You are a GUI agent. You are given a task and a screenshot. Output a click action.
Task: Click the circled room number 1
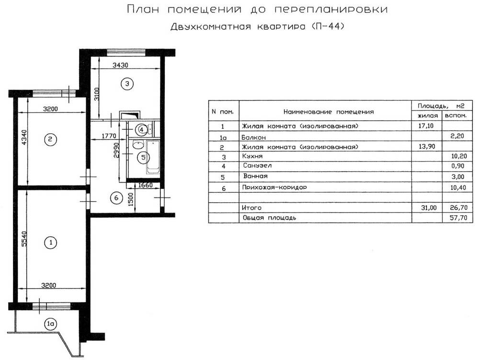50,243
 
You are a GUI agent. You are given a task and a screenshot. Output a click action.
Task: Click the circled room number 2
50,139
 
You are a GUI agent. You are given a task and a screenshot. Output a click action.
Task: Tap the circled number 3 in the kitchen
126,84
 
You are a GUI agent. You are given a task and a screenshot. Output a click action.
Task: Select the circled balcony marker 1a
50,324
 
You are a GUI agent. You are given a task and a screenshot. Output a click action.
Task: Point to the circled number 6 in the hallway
114,197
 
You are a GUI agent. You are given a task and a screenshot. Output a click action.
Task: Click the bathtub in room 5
153,157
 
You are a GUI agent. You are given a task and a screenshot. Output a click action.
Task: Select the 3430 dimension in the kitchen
120,65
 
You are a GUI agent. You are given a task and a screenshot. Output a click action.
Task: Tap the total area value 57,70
456,217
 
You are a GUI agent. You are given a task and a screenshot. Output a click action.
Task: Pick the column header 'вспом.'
456,116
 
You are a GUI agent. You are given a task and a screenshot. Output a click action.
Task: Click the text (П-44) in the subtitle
327,27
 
